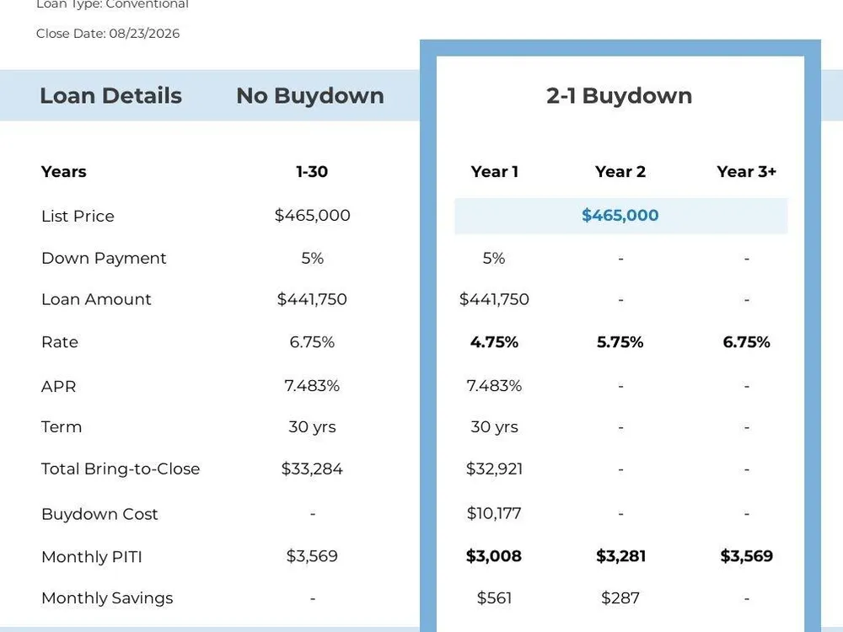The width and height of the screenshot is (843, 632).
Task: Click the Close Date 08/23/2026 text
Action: tap(108, 34)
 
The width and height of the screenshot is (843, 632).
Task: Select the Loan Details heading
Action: tap(110, 96)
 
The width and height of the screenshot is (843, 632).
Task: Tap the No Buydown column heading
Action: tap(310, 96)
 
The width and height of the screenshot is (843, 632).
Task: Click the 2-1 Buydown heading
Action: tap(620, 96)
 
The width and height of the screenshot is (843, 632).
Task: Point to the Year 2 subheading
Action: tap(620, 171)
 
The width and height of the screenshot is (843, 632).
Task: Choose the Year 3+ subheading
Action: tap(747, 171)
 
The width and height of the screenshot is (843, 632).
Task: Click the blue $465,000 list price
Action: tap(620, 215)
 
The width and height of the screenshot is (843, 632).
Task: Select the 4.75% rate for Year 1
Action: tap(494, 342)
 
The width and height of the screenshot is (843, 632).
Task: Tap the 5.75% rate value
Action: tap(620, 342)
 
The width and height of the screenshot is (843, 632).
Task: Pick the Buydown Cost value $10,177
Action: tap(494, 513)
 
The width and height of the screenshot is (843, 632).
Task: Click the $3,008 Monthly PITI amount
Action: tap(494, 555)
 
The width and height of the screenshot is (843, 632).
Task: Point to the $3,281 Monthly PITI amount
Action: tap(621, 555)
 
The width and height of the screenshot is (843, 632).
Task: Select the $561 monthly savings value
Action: tap(494, 597)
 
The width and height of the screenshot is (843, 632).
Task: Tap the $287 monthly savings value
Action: tap(620, 597)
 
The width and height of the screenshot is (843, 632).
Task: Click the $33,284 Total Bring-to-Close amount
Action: tap(312, 469)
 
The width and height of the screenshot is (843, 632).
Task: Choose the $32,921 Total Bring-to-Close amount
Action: tap(494, 469)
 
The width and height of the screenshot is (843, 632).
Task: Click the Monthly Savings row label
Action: tap(107, 598)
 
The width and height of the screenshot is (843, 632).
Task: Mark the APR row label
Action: tap(59, 387)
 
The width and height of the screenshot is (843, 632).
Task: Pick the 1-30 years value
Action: tap(312, 171)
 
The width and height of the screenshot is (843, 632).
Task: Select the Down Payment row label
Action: tap(104, 259)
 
